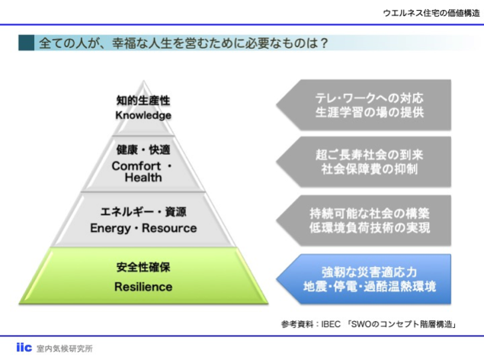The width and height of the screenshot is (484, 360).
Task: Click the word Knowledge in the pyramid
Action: coord(143,116)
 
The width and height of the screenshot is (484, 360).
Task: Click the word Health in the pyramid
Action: coord(143,178)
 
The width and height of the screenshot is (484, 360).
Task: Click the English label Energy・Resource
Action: coord(143,228)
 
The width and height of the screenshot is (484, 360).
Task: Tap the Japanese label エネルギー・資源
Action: coord(143,212)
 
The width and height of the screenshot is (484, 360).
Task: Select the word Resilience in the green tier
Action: coord(143,287)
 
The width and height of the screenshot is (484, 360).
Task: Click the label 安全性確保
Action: coord(143,268)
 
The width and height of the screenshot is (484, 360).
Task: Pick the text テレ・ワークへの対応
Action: coord(369,98)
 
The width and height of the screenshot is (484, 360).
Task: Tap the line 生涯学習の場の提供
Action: coord(369,112)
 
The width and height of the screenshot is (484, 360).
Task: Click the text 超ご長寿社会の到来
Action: coord(369,155)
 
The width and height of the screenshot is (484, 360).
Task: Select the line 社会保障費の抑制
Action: coord(369,169)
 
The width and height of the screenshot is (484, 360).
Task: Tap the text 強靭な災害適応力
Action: coord(369,272)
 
